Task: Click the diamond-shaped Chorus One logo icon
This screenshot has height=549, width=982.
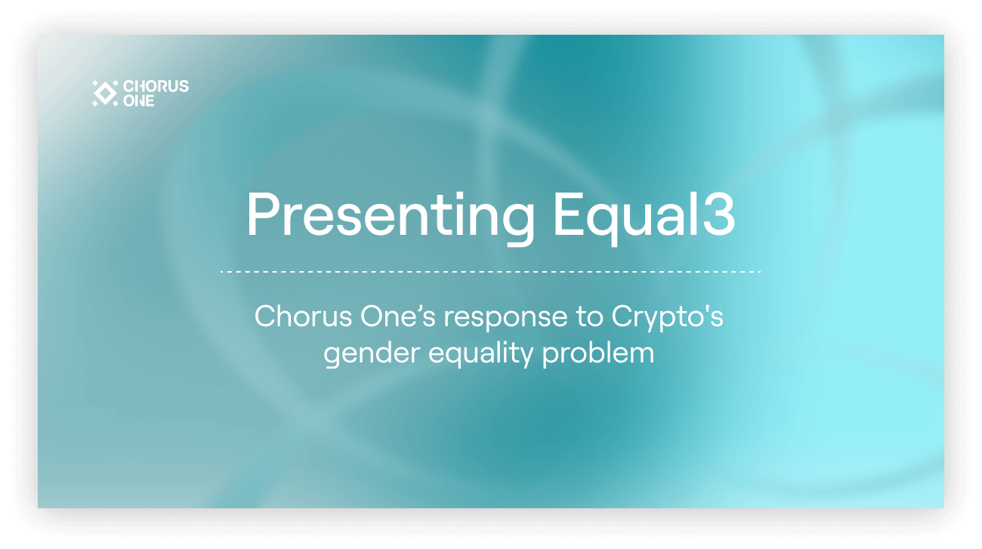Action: coord(104,93)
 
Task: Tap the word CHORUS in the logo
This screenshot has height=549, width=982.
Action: coord(156,87)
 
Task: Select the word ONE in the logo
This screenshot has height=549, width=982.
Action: coord(138,100)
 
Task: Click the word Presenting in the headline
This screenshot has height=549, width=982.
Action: coord(391,216)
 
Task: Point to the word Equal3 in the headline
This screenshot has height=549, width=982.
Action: coord(644,216)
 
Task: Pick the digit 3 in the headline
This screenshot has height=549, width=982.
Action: coord(720,214)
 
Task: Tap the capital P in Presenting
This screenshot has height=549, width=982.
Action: coord(261,214)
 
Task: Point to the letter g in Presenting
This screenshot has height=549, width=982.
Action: coord(517,222)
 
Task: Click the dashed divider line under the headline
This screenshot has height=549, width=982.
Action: coord(490,270)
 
